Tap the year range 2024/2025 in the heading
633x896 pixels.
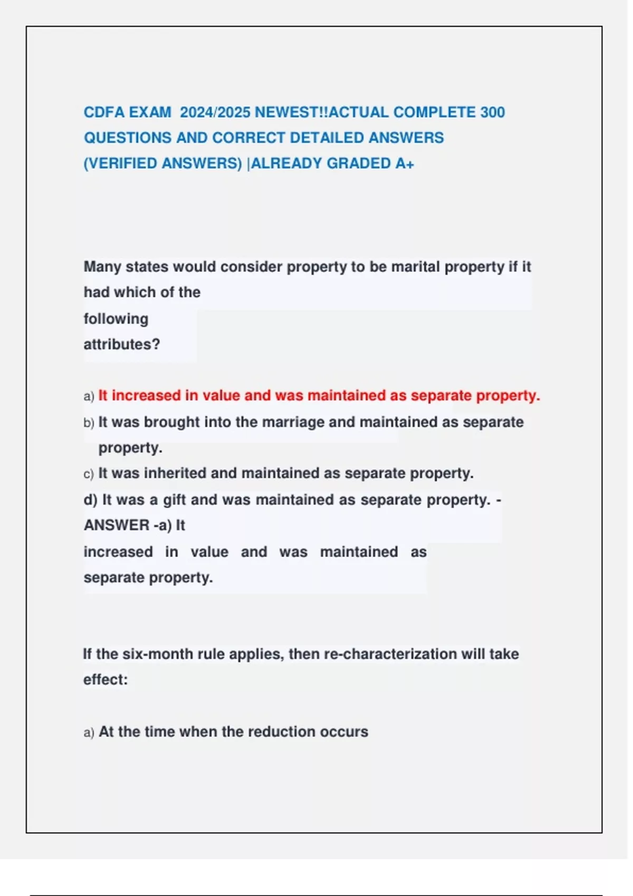(215, 112)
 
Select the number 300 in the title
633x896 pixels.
(493, 112)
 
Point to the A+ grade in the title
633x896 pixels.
(405, 163)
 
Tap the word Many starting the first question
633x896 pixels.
(102, 267)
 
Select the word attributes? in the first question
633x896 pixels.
(122, 344)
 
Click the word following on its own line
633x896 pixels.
(116, 319)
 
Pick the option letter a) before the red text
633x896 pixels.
(89, 396)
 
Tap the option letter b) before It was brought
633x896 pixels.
(89, 423)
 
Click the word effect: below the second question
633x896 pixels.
(105, 679)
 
